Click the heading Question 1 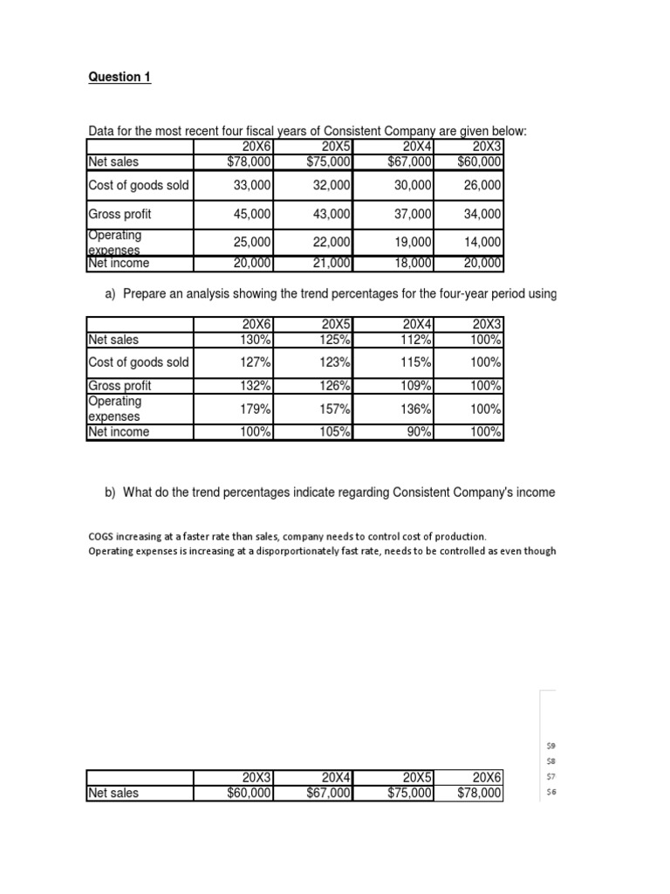(x=120, y=77)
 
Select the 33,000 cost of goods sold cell (x=252, y=185)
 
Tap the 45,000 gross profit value (x=252, y=214)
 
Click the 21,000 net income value (x=332, y=264)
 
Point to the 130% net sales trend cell (x=256, y=340)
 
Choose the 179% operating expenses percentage (x=256, y=409)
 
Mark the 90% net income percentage (x=419, y=432)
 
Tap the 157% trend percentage (x=337, y=409)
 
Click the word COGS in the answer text (x=101, y=536)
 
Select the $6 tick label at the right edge (x=550, y=792)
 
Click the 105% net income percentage (x=337, y=432)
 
